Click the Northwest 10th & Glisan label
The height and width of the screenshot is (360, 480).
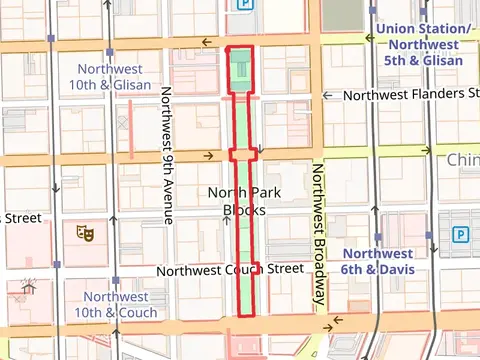coord(112,76)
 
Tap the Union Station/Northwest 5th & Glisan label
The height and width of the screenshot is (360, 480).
coord(420,45)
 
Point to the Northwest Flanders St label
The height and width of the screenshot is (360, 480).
coord(410,95)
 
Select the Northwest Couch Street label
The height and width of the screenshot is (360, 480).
coord(230,270)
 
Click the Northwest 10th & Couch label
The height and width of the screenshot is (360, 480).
coord(120,304)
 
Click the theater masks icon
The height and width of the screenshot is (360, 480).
coord(86,233)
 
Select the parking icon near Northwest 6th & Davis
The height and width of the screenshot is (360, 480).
coord(461,235)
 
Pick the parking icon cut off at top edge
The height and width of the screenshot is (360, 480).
coord(243,5)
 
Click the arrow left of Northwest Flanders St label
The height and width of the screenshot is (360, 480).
coord(327,96)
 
